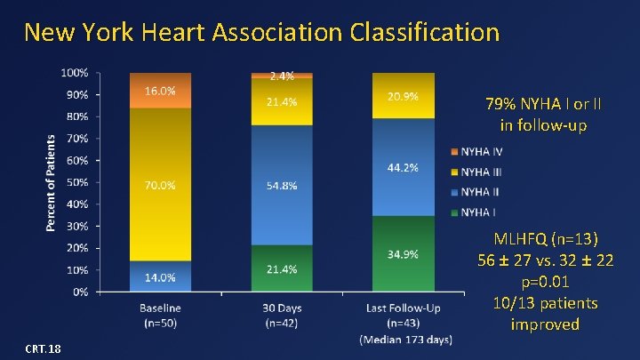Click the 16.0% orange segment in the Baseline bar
click(x=161, y=91)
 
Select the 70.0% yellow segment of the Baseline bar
click(x=161, y=185)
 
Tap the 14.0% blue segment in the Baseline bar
click(x=161, y=276)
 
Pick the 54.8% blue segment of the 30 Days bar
click(x=282, y=185)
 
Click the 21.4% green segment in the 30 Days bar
click(x=282, y=268)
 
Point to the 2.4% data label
click(x=282, y=76)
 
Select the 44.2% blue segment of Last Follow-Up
click(x=403, y=167)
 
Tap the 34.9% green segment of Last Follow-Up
click(x=403, y=254)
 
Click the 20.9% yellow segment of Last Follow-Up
click(x=403, y=96)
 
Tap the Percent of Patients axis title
click(x=52, y=183)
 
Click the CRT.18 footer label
click(x=43, y=348)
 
